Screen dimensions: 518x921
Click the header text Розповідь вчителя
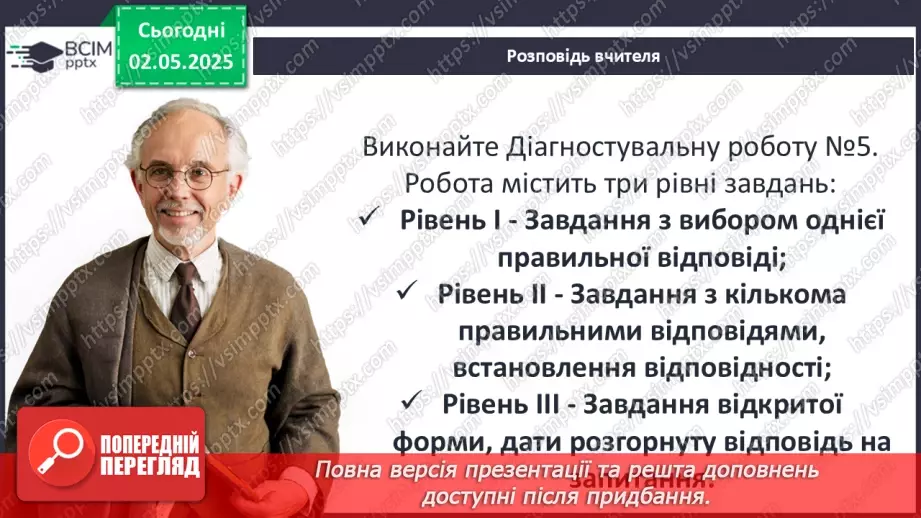tap(583, 56)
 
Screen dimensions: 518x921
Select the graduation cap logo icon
tap(32, 53)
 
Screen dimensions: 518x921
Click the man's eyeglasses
tap(184, 177)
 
